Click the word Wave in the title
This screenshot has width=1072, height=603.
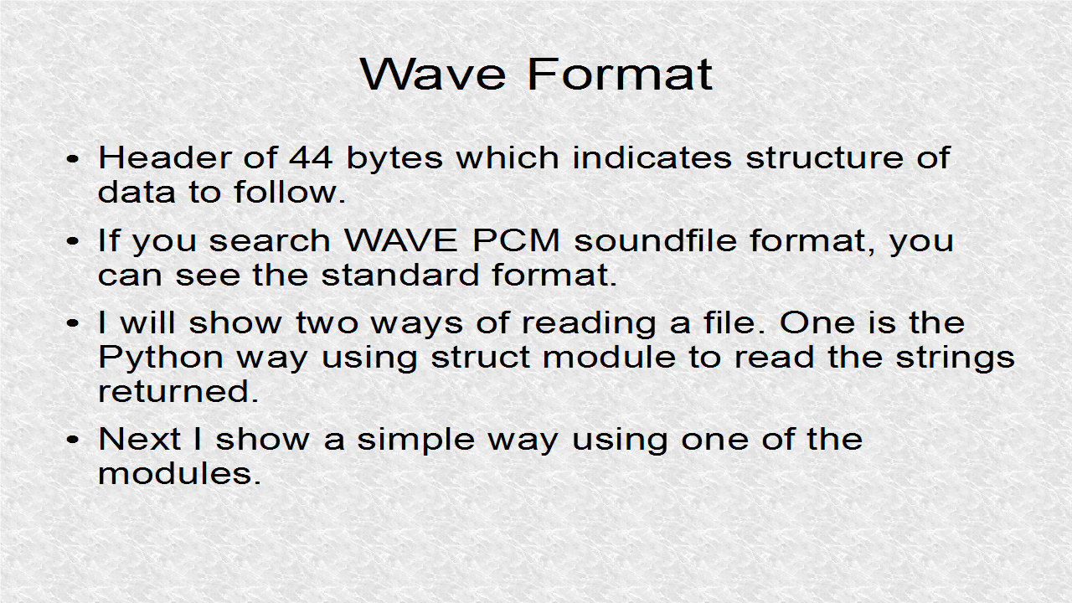[x=433, y=75]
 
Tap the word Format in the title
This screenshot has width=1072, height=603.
[x=621, y=75]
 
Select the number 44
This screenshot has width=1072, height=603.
[x=311, y=157]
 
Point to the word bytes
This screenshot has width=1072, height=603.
[x=394, y=159]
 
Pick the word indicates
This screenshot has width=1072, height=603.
[x=652, y=157]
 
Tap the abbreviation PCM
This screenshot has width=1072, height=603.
[x=516, y=240]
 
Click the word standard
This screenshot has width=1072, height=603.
[x=400, y=275]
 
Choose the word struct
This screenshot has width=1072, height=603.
[x=481, y=358]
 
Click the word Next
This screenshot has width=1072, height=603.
[x=139, y=438]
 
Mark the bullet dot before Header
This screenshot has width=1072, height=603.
[x=72, y=159]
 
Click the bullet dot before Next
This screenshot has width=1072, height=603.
[x=72, y=440]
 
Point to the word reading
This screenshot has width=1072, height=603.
[x=589, y=324]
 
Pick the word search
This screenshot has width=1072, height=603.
[x=270, y=240]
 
